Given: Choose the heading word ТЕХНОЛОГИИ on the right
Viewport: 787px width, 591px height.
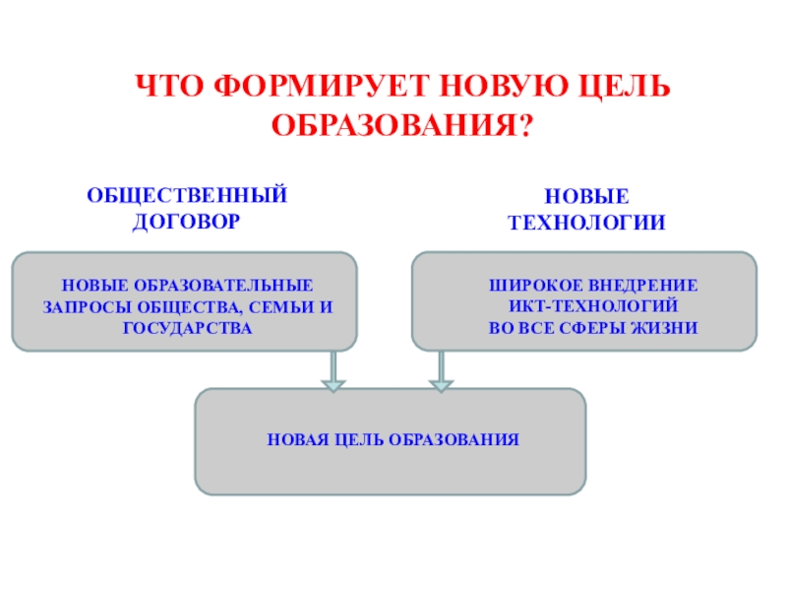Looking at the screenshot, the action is coord(586,224).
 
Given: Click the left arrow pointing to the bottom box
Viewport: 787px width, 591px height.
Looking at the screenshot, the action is coord(333,371).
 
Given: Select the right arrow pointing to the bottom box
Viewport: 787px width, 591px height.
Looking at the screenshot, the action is coord(442,371).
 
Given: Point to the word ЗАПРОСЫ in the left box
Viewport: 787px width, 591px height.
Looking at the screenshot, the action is coord(81,305).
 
